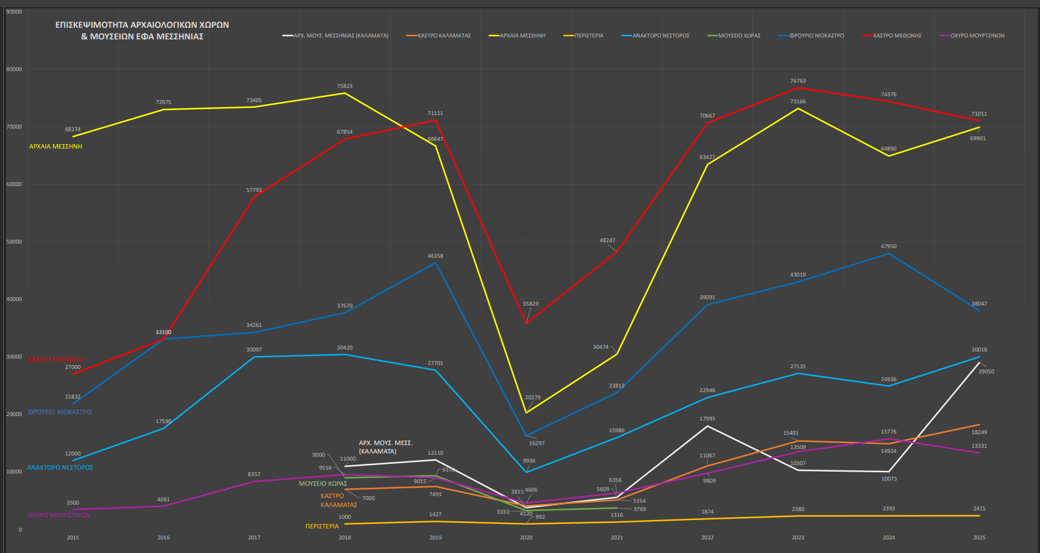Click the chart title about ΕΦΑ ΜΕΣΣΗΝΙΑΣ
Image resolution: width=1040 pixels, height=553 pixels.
pyautogui.click(x=142, y=30)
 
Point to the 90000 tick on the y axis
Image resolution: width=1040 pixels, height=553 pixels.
pyautogui.click(x=14, y=12)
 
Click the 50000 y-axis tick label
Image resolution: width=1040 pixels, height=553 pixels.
pyautogui.click(x=14, y=242)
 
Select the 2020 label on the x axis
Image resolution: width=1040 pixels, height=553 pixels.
pyautogui.click(x=526, y=537)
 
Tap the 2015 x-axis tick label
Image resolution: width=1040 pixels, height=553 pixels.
pyautogui.click(x=73, y=537)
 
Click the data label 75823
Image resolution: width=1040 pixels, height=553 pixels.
pyautogui.click(x=344, y=86)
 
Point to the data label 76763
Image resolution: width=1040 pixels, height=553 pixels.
pyautogui.click(x=798, y=81)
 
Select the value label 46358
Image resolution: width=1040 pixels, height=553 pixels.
pyautogui.click(x=435, y=256)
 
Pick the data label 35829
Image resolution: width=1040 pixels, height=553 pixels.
pyautogui.click(x=530, y=304)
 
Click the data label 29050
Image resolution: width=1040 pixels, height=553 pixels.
pyautogui.click(x=986, y=371)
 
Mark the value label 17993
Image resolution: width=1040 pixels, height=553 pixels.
pyautogui.click(x=707, y=419)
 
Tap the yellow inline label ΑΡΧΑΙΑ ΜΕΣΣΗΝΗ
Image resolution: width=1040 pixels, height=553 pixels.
pyautogui.click(x=56, y=147)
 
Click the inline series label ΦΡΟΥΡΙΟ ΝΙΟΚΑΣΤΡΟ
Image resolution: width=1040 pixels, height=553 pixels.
pyautogui.click(x=59, y=412)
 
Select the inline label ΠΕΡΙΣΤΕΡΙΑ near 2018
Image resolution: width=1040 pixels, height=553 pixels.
pyautogui.click(x=322, y=527)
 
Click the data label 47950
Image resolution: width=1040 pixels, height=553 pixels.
pyautogui.click(x=888, y=246)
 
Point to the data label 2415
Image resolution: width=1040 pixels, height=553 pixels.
pyautogui.click(x=979, y=508)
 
